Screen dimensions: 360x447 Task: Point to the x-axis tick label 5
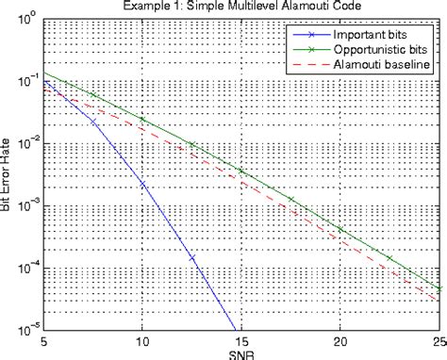point(43,341)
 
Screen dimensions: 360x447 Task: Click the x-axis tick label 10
point(142,341)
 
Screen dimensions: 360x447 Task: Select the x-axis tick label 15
point(240,341)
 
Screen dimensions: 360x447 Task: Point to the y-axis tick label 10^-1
point(25,81)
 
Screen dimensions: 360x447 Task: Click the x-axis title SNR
point(240,353)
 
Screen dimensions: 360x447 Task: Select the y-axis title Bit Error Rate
point(7,174)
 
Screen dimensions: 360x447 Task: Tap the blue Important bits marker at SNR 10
point(142,185)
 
